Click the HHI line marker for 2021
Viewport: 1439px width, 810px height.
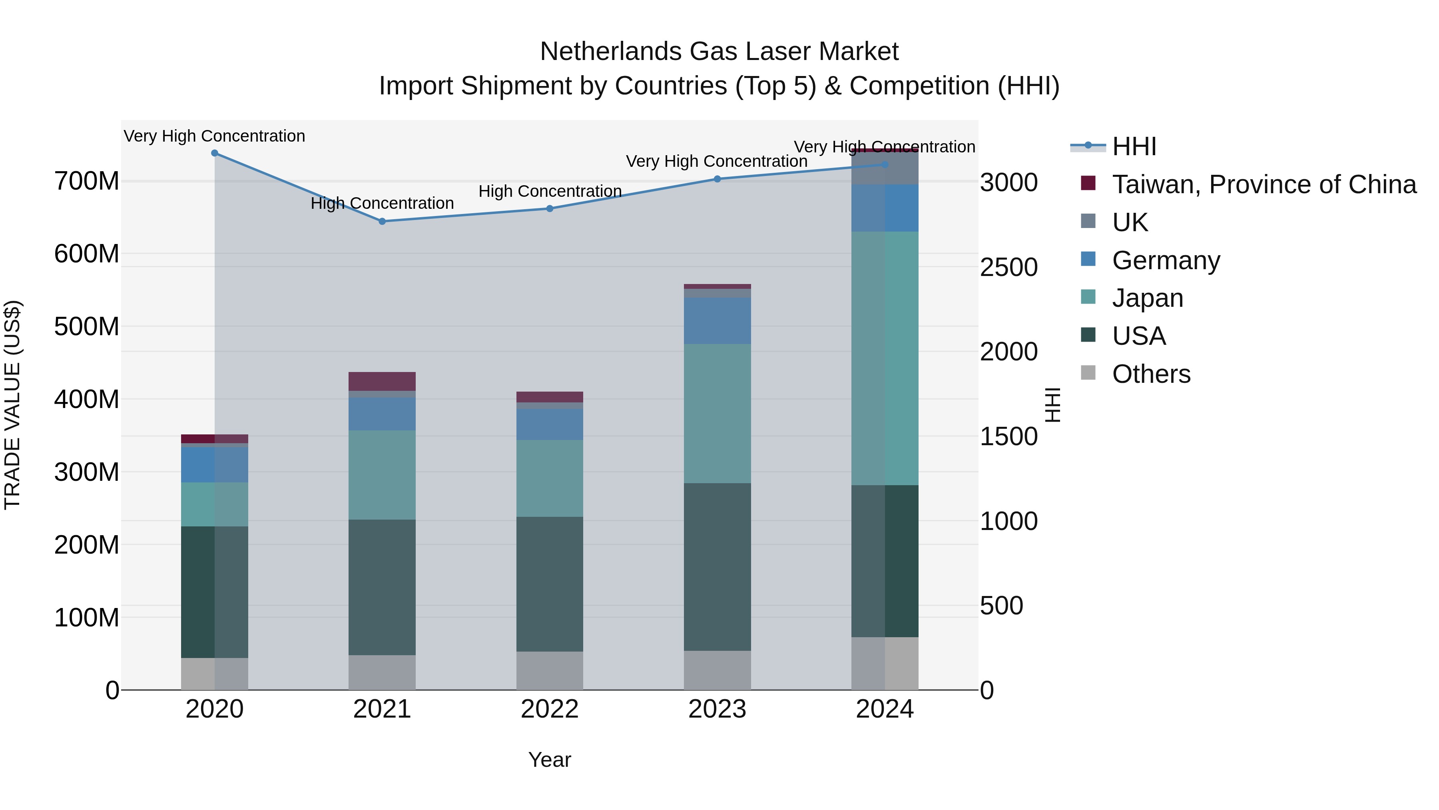click(382, 221)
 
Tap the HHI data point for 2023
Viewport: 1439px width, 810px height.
click(717, 179)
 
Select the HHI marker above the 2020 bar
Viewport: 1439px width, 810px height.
click(215, 153)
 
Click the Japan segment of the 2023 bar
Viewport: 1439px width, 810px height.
click(717, 414)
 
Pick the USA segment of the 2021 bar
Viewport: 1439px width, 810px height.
click(382, 587)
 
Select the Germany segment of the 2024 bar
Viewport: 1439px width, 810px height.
click(885, 208)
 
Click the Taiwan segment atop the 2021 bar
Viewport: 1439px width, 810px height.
click(382, 381)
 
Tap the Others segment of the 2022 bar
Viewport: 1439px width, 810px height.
click(550, 670)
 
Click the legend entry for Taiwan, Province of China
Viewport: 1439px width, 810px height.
click(1264, 184)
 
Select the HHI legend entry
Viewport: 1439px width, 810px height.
click(1134, 146)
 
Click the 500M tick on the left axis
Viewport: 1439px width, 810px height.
click(87, 326)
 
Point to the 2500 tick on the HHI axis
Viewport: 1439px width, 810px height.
click(1009, 267)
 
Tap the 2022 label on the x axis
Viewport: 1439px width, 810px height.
click(550, 709)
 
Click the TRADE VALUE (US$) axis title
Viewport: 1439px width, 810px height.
click(12, 405)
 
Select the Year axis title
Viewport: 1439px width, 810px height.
click(550, 760)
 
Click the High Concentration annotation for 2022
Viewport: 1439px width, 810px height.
click(550, 191)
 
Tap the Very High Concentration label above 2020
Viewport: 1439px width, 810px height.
click(215, 136)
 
